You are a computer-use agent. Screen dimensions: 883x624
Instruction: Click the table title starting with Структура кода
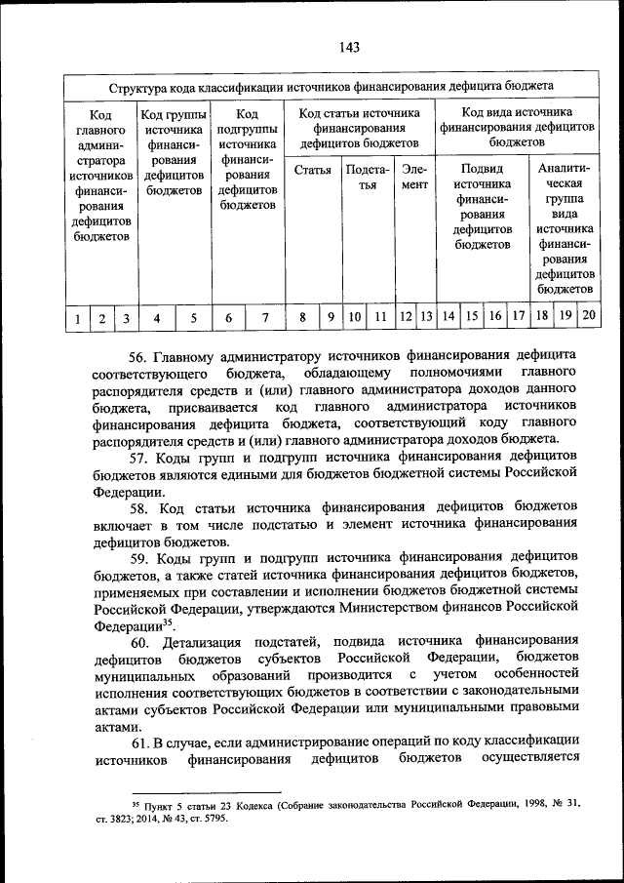click(332, 87)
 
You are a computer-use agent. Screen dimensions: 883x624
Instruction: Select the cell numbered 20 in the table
click(589, 315)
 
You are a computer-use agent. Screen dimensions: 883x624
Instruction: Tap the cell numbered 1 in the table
click(76, 317)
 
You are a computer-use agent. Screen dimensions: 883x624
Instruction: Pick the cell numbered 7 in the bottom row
click(264, 317)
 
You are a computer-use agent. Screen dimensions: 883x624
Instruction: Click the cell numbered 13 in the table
click(426, 316)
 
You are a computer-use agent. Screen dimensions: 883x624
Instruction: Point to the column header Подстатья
click(367, 178)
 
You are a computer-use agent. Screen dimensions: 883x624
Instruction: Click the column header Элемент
click(414, 178)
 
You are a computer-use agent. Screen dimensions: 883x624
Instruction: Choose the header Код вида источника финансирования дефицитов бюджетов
click(517, 128)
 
